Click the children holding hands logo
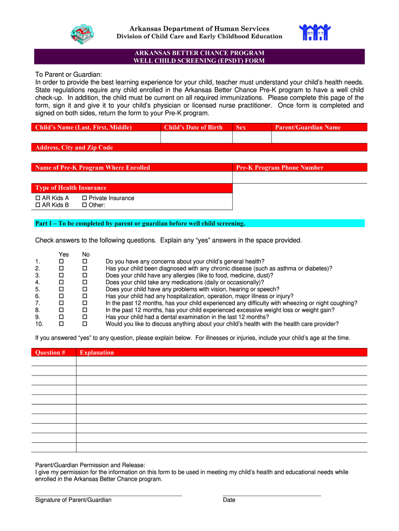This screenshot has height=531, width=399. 315,33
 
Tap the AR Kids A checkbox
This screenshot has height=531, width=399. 38,198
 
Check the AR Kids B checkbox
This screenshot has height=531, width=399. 38,205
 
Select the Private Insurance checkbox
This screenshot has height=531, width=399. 84,198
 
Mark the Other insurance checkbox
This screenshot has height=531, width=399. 84,205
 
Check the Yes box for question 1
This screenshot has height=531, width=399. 62,261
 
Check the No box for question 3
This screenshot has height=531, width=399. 85,275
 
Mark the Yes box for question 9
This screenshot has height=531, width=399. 62,317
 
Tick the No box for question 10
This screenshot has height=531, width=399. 85,324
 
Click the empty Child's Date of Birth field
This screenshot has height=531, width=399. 196,137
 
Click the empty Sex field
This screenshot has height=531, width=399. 251,137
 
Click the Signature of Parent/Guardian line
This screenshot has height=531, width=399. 108,496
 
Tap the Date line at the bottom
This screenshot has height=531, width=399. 272,496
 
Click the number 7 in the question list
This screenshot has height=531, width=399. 37,303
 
